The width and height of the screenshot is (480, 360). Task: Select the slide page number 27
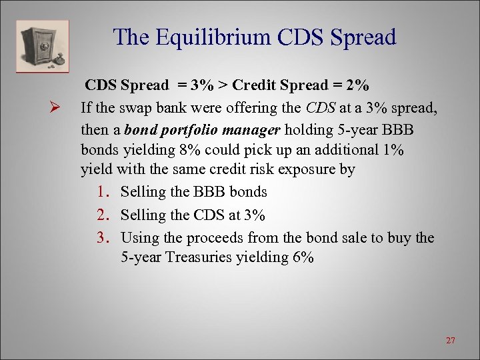pyautogui.click(x=451, y=341)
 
